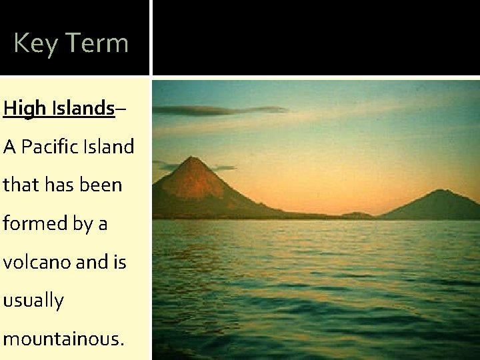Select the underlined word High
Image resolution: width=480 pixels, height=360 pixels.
click(x=21, y=109)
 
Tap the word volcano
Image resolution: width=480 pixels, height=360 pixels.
click(x=35, y=262)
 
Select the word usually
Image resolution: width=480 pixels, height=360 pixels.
click(x=33, y=301)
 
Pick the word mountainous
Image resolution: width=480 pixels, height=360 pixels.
click(x=61, y=339)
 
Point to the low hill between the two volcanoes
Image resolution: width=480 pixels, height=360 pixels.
click(x=358, y=215)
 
